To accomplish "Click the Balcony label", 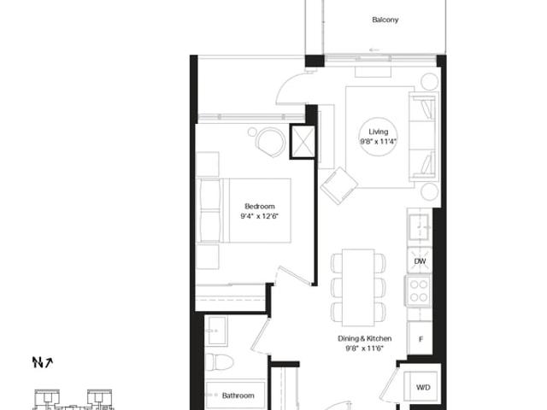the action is pos(385,20).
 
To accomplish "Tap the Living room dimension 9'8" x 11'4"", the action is pos(379,142).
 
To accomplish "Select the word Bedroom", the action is pos(260,206).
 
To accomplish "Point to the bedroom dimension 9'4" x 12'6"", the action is pos(260,216).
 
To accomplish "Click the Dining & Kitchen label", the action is pos(365,338).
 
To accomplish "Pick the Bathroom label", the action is pos(238,395).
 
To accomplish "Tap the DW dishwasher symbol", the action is pos(420,261).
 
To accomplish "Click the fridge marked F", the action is pos(420,338).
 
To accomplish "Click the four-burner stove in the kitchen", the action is pos(418,290).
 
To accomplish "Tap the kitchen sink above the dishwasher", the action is pos(419,227).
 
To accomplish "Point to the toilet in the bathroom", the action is pos(219,362).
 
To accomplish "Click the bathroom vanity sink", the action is pos(216,331).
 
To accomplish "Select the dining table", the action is pos(358,287).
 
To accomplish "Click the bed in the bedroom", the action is pos(244,211).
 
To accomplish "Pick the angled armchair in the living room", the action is pos(339,185).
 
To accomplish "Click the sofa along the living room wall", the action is pos(423,137).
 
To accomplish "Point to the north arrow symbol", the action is pos(43,362).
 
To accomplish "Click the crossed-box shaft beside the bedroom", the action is pos(303,142).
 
